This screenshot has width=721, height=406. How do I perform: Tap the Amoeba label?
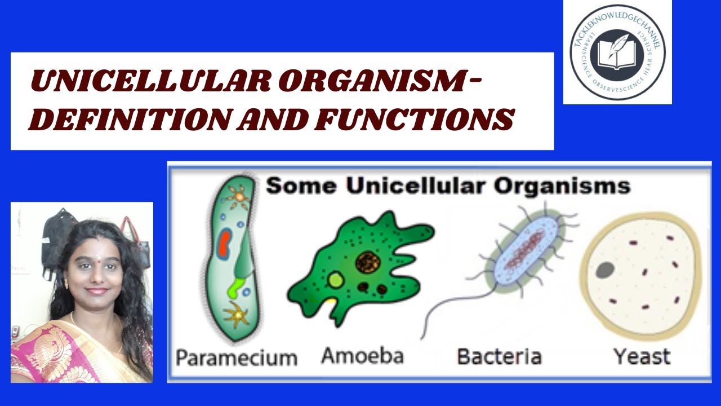tap(362, 356)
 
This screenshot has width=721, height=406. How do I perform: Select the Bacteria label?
tap(499, 356)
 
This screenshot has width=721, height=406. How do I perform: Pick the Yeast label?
tap(642, 356)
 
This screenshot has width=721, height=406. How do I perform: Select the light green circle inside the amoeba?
tap(336, 280)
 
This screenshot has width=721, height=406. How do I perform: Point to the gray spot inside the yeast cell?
tap(604, 270)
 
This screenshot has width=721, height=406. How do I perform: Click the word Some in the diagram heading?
tap(301, 186)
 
